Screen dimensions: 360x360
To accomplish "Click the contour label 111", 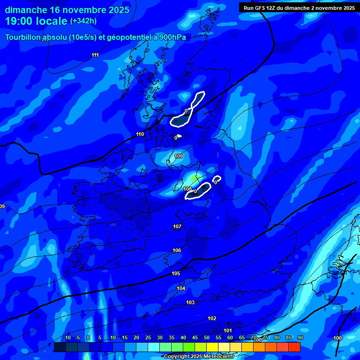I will (95, 55).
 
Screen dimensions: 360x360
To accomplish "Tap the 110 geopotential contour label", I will (140, 135).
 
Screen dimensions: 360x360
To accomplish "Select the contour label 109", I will (179, 156).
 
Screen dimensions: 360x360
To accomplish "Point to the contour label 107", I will (177, 227).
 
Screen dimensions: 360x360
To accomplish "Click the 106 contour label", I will (177, 251).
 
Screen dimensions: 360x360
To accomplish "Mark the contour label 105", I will (176, 273).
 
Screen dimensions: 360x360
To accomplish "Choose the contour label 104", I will (181, 288).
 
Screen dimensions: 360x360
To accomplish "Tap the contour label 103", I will (190, 303).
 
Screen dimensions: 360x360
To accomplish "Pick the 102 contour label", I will (212, 319).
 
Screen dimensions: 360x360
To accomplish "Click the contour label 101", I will (228, 330).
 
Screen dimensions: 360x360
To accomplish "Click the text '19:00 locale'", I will (36, 21).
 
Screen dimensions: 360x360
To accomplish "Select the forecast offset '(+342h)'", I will (83, 21).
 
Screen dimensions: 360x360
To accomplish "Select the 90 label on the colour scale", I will (300, 338).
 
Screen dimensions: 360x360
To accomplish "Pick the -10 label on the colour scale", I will (67, 338).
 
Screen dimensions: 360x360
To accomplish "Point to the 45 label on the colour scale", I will (195, 338).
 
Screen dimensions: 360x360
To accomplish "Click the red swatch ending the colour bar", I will (294, 347).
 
